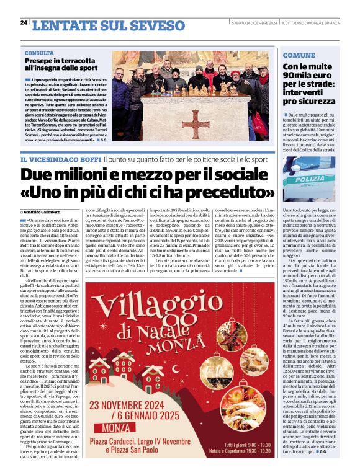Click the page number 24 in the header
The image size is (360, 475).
point(23,23)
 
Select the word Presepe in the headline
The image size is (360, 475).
point(40,62)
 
